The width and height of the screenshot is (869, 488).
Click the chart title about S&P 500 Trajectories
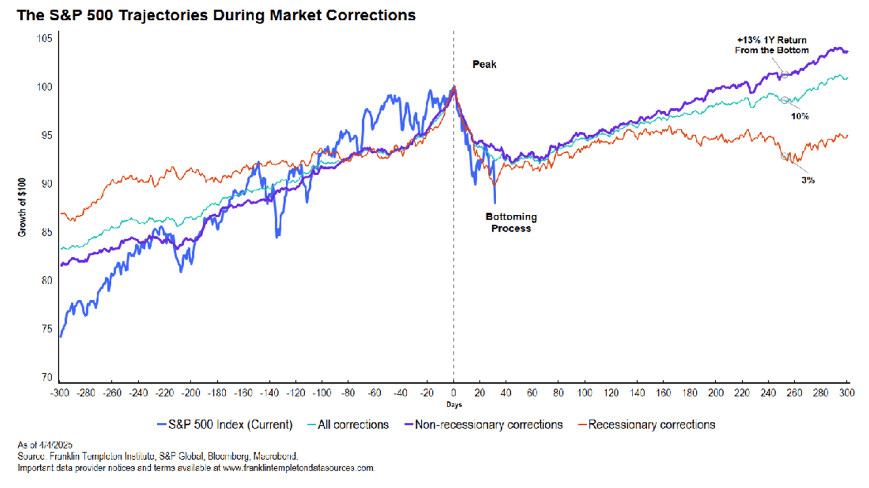point(216,15)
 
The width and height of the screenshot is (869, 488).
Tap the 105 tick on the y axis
point(45,38)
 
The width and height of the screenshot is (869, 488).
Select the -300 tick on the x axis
point(59,393)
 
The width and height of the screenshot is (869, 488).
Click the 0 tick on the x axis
point(454,393)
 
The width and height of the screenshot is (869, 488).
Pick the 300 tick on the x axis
point(846,393)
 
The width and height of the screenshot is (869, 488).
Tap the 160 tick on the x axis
point(663,393)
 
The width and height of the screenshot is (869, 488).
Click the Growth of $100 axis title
point(22,208)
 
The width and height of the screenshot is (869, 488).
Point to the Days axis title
point(454,405)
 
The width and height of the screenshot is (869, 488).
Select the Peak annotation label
point(484,64)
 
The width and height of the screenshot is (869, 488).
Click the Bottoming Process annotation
point(511,222)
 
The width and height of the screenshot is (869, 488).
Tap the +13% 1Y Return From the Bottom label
point(772,45)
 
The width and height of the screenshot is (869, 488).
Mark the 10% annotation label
point(799,116)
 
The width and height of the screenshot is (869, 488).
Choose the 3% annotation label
point(807,180)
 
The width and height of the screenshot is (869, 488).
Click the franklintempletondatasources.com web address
point(298,468)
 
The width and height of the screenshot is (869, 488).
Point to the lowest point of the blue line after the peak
point(495,202)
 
